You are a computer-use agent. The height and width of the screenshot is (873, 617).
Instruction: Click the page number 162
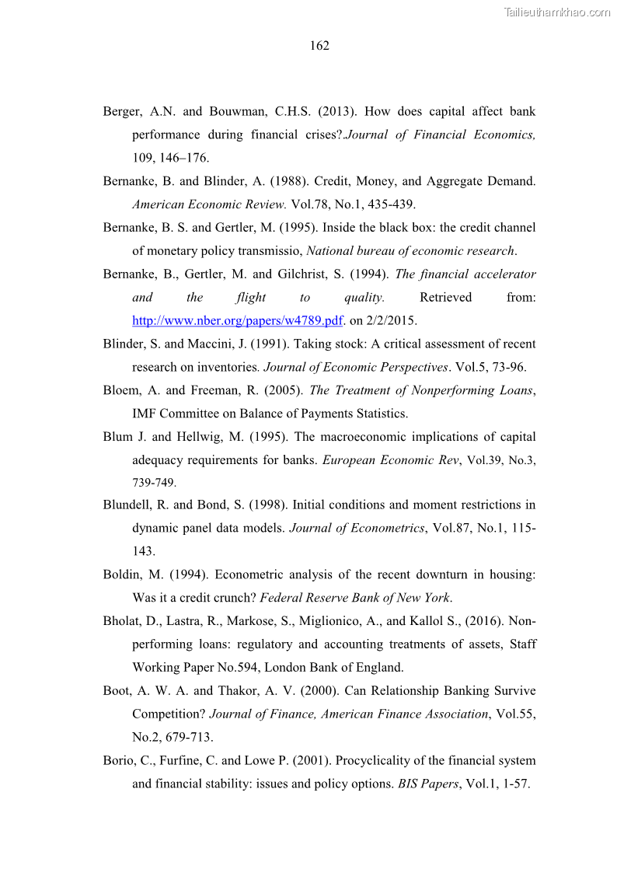click(319, 46)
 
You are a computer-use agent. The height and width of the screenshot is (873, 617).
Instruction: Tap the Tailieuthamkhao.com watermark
click(557, 12)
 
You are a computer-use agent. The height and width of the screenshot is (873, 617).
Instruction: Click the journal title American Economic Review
click(209, 204)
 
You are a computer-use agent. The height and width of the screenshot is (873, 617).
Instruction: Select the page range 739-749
click(154, 482)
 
